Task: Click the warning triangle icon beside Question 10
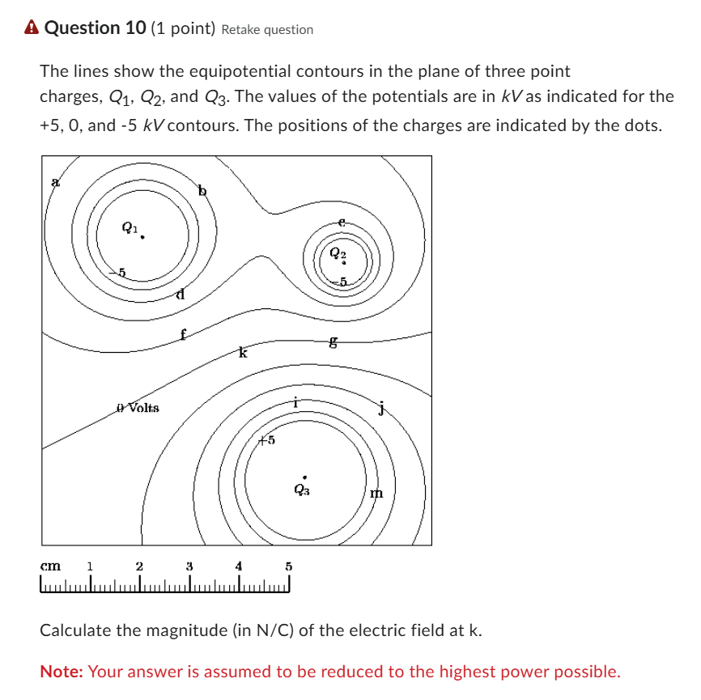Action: (32, 28)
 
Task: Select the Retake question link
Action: (266, 30)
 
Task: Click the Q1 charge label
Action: (130, 227)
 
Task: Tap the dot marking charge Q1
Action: (143, 238)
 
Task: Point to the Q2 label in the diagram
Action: (338, 253)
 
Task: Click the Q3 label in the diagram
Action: (301, 490)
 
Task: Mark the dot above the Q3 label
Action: (304, 477)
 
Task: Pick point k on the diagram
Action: (241, 353)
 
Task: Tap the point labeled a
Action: (55, 182)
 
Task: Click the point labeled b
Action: (202, 191)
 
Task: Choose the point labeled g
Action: (333, 343)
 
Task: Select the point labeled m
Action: (376, 493)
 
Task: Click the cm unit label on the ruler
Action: (51, 566)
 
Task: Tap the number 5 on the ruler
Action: (287, 566)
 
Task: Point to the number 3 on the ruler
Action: (189, 566)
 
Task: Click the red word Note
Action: (62, 672)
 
